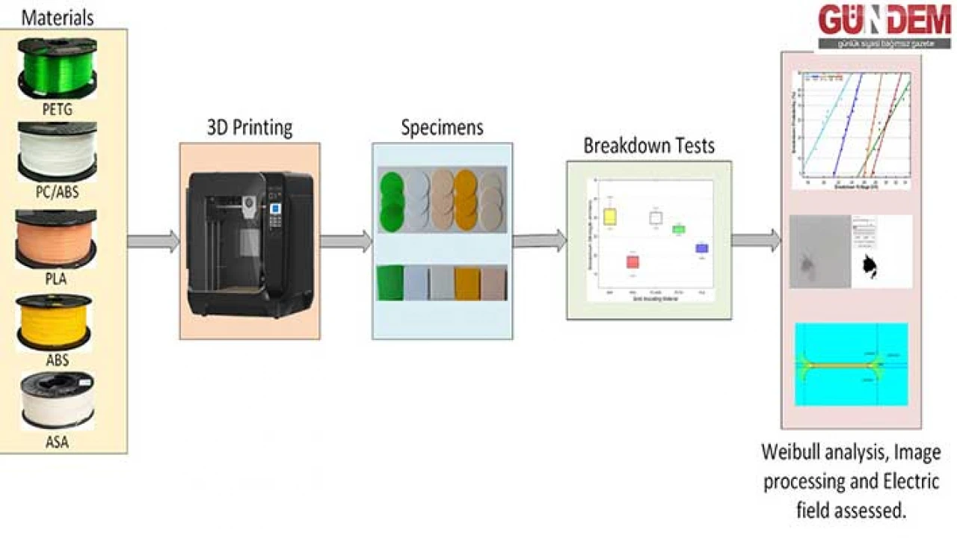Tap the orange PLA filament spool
click(57, 238)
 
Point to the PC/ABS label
click(57, 192)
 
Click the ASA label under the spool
click(57, 442)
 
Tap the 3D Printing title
click(249, 128)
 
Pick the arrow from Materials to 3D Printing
click(153, 241)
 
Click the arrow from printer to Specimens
click(346, 241)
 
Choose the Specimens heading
click(442, 128)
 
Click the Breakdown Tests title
click(648, 145)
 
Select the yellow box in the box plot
click(610, 217)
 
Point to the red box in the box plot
click(633, 262)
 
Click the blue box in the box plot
click(701, 248)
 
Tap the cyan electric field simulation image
click(851, 364)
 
